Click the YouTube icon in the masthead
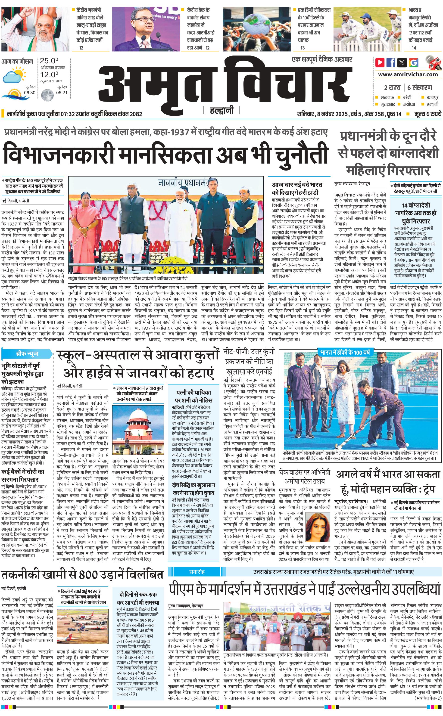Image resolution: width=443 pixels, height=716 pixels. (380, 62)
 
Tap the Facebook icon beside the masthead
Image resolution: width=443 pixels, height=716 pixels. (391, 62)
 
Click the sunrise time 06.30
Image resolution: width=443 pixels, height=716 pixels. (30, 93)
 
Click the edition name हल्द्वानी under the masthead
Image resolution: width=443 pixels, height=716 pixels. (222, 110)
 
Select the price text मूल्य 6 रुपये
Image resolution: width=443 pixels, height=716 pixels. (427, 114)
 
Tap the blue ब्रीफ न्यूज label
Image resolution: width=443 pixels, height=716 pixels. (27, 353)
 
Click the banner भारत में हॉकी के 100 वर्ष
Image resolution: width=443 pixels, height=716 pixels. (345, 352)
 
